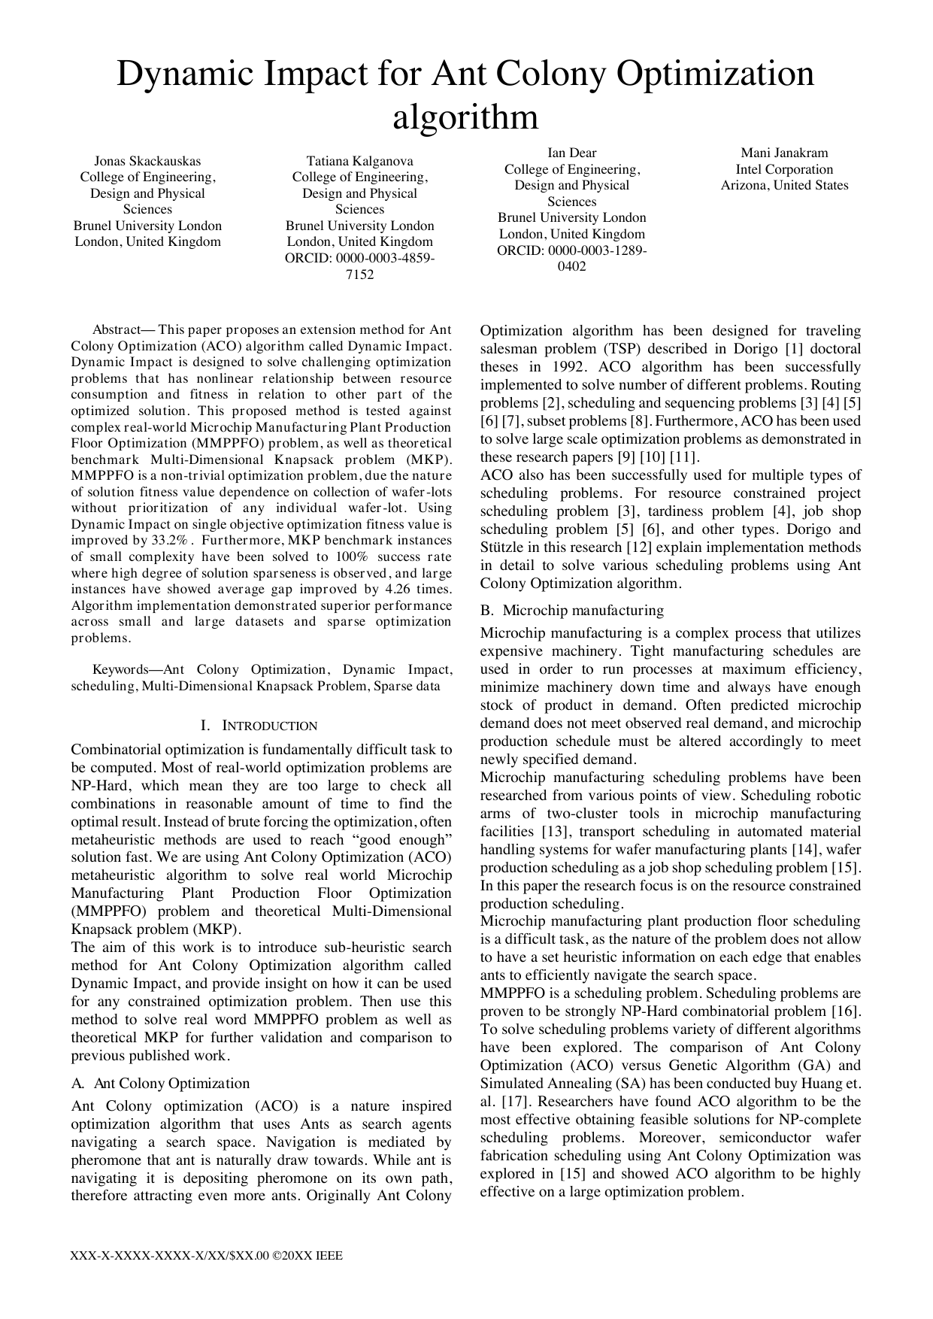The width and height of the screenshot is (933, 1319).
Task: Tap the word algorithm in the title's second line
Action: pos(466,117)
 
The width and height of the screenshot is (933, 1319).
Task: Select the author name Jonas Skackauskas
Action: pos(147,161)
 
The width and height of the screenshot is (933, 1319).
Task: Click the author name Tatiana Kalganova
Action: pos(359,161)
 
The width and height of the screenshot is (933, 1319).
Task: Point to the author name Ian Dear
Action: pos(571,153)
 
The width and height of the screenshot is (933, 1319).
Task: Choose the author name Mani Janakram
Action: pos(784,153)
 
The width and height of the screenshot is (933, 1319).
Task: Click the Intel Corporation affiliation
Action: pos(784,169)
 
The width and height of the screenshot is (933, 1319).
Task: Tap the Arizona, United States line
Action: pos(784,185)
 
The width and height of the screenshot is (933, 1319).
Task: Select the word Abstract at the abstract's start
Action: pos(116,330)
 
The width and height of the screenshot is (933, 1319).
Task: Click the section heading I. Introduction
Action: pos(259,726)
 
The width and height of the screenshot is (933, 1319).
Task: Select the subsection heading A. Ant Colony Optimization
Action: pos(160,1083)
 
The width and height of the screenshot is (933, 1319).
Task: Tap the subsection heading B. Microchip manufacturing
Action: pos(572,610)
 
